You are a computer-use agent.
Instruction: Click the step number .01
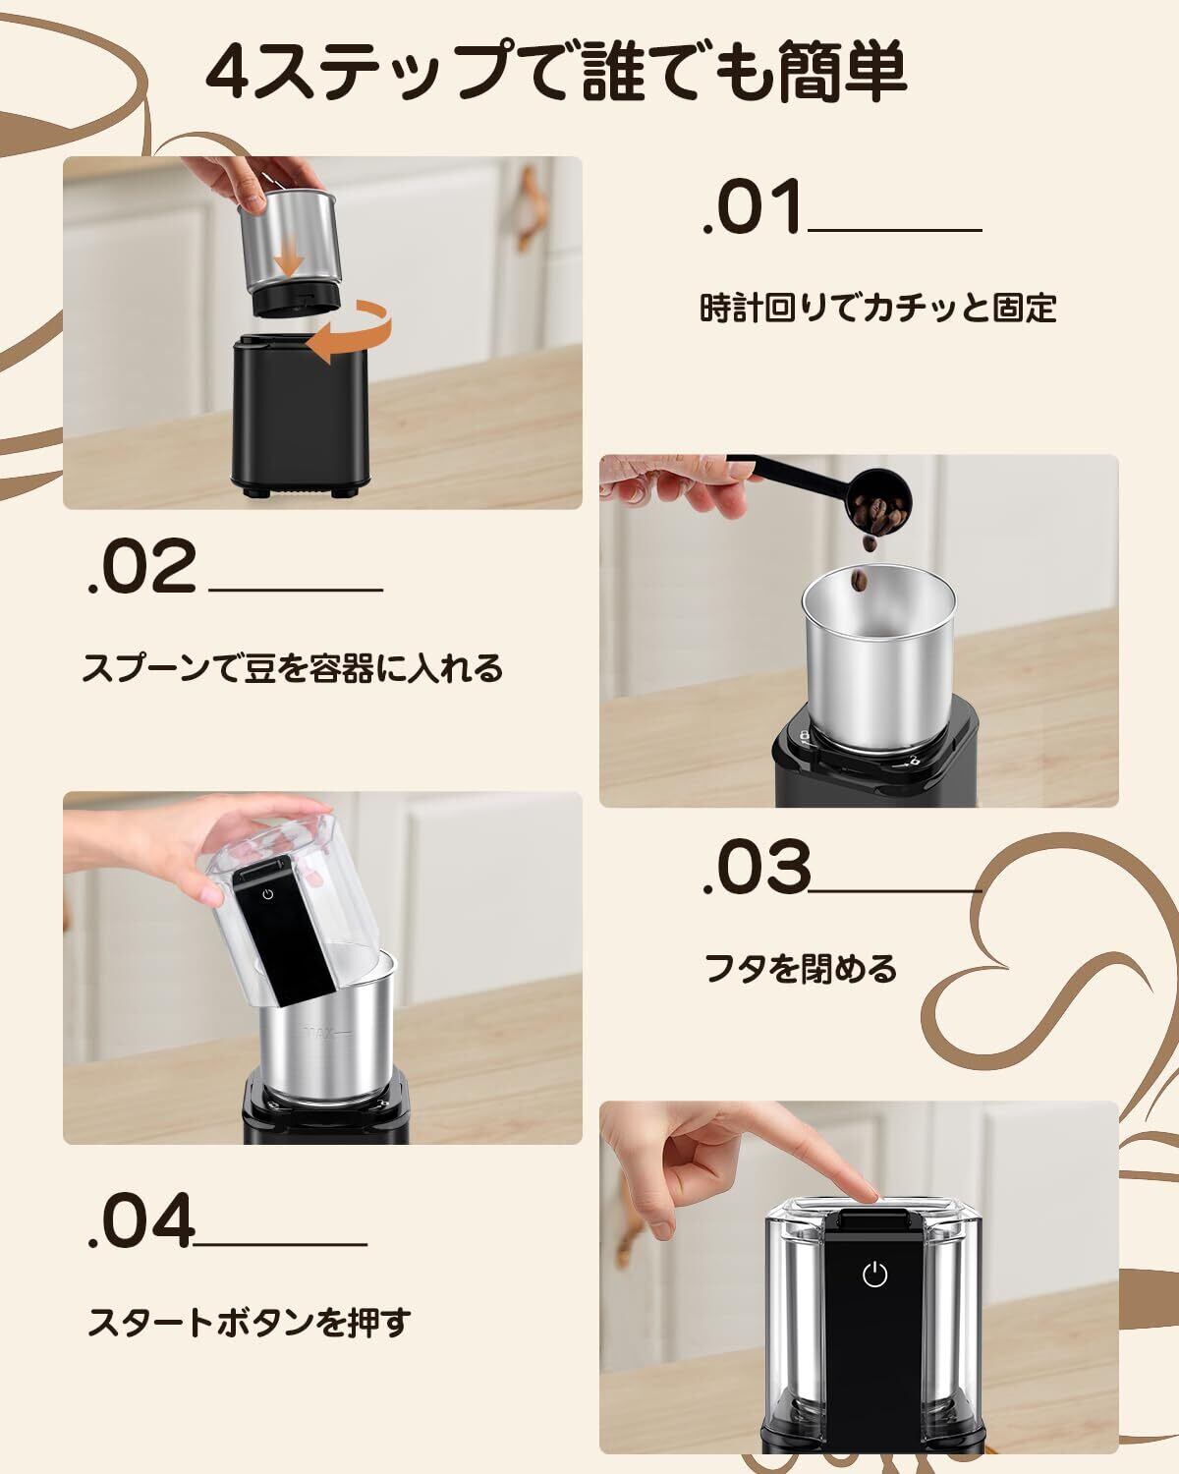(x=753, y=207)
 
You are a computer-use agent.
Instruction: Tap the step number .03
(x=757, y=867)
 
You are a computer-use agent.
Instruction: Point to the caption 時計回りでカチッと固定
(x=877, y=308)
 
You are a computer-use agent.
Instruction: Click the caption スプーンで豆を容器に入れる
(x=293, y=668)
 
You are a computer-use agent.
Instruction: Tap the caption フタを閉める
(x=800, y=969)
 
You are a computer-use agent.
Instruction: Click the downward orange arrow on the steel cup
(x=291, y=255)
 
